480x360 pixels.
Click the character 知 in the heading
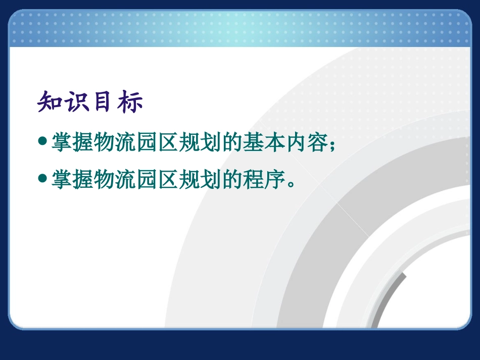50,102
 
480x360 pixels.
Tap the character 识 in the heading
76,102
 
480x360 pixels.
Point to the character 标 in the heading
130,102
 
